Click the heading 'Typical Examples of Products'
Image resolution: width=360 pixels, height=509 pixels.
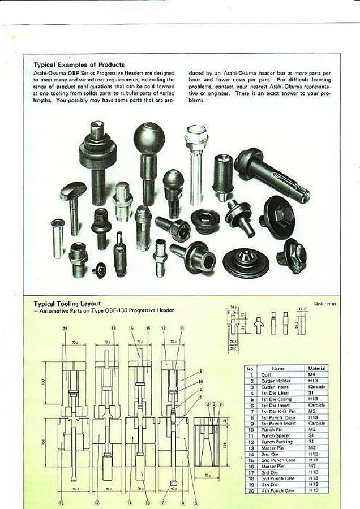pos(79,65)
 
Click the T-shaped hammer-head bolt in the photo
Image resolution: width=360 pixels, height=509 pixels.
pos(73,193)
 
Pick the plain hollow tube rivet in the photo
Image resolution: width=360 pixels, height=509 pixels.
pos(58,238)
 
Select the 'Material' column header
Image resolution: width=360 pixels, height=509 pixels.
pos(315,368)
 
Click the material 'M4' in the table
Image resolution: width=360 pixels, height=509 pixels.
pos(315,374)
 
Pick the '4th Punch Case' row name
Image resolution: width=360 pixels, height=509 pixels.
pos(277,490)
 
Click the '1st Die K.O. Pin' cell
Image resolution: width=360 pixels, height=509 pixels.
pos(277,411)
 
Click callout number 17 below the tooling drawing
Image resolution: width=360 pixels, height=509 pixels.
pos(97,502)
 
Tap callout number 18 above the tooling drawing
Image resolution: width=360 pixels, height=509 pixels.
pos(114,328)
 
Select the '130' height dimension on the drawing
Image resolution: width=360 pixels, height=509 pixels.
pos(44,382)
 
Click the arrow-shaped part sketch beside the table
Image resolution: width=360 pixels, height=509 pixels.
pos(259,325)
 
